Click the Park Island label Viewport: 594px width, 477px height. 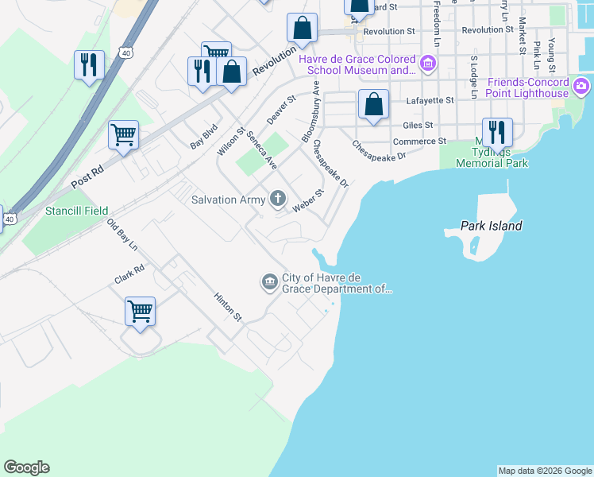tap(492, 226)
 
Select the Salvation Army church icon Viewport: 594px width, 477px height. tap(278, 199)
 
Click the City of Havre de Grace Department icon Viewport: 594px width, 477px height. tap(269, 281)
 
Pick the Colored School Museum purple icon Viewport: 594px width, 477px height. tap(427, 63)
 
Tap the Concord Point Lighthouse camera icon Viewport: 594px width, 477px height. tap(582, 85)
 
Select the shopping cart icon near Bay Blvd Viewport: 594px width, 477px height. tap(124, 134)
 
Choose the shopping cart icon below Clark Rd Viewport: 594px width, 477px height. tap(140, 311)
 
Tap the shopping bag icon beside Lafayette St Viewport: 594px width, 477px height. tap(373, 104)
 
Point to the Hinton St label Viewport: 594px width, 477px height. tap(227, 306)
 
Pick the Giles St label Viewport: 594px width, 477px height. tap(418, 125)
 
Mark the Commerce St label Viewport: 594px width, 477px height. tap(420, 142)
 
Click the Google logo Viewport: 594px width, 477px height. tap(26, 467)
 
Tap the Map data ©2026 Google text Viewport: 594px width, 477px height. tap(544, 471)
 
